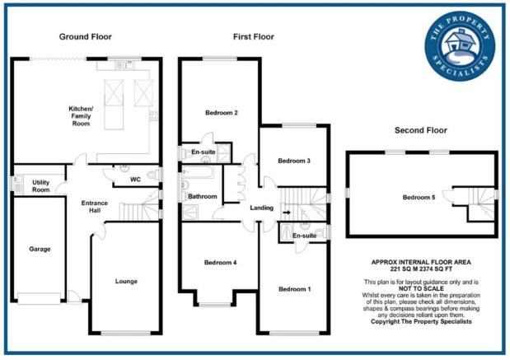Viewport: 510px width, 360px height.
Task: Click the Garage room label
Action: [40, 249]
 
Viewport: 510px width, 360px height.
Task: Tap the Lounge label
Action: [126, 281]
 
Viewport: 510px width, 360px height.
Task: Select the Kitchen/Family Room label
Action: [81, 116]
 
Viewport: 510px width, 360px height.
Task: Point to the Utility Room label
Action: [41, 185]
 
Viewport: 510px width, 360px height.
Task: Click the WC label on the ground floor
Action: [135, 180]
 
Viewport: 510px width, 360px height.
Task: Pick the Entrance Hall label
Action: [94, 207]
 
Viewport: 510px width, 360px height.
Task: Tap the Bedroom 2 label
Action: [222, 113]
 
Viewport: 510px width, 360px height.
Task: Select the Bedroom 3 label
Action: [294, 161]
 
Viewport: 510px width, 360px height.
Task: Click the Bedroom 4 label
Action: [220, 263]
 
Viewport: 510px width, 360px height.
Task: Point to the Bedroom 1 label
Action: [295, 289]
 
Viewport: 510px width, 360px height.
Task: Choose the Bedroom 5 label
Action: [419, 198]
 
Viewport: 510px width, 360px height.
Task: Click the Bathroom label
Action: [203, 196]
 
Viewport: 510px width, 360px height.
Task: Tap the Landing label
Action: [261, 208]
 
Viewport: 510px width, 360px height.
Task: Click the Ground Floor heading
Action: [85, 37]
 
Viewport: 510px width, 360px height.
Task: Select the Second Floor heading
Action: [421, 130]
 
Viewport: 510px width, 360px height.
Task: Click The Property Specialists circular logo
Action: [460, 46]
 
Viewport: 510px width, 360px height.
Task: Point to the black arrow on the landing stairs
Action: [287, 213]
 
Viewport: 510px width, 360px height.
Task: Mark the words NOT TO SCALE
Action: [421, 289]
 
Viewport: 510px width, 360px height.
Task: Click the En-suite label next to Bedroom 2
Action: [204, 152]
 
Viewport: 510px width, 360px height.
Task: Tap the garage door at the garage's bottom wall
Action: [39, 298]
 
